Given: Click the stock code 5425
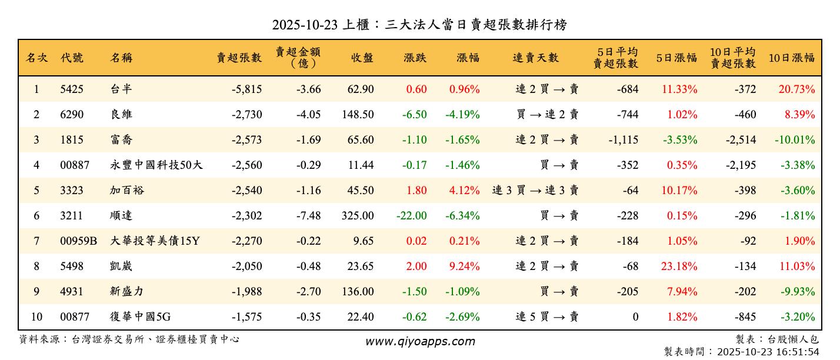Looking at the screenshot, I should [x=72, y=89].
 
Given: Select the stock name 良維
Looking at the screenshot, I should [x=121, y=115].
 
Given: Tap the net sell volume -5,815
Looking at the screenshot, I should [x=246, y=89].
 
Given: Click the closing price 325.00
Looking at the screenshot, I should [x=358, y=216].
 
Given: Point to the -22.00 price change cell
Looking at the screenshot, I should [x=411, y=216].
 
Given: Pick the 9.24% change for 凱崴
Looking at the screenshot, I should [x=464, y=266].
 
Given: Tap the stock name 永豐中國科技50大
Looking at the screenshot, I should [x=156, y=165].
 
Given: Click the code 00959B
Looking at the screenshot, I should [x=78, y=241].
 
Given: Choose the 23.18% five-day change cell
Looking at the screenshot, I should [x=679, y=266].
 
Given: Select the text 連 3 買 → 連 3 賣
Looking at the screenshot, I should [x=535, y=191].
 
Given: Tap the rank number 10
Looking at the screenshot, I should [x=36, y=317].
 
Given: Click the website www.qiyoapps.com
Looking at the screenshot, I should [x=420, y=341].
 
